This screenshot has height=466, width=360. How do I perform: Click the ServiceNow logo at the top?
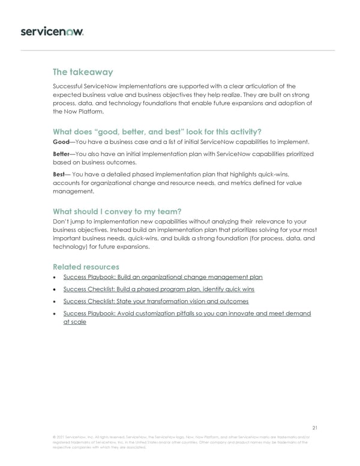pyautogui.click(x=52, y=31)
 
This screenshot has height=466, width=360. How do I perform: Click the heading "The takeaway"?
pyautogui.click(x=83, y=72)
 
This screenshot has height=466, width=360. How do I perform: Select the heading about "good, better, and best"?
pyautogui.click(x=157, y=132)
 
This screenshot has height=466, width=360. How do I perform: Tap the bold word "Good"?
pyautogui.click(x=62, y=142)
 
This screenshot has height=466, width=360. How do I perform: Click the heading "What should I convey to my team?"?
pyautogui.click(x=117, y=211)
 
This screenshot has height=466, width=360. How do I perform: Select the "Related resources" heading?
pyautogui.click(x=86, y=266)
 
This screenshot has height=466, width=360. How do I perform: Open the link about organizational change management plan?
pyautogui.click(x=163, y=277)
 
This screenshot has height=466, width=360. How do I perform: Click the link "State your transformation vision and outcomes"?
pyautogui.click(x=155, y=301)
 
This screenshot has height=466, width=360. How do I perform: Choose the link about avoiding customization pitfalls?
pyautogui.click(x=187, y=313)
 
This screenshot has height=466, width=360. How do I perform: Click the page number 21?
pyautogui.click(x=315, y=428)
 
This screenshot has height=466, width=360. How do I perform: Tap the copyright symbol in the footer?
pyautogui.click(x=55, y=437)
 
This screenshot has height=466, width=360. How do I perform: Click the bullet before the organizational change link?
pyautogui.click(x=55, y=277)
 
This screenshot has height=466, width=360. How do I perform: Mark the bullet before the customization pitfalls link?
pyautogui.click(x=55, y=314)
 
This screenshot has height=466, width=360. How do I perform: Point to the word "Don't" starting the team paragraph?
pyautogui.click(x=62, y=222)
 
